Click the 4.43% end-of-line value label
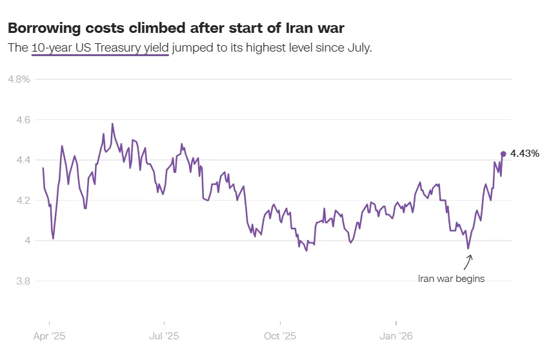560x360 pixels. [x=525, y=154]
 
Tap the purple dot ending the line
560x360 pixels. [x=503, y=154]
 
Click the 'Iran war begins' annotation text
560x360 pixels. [x=451, y=279]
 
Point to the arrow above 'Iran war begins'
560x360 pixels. [x=468, y=262]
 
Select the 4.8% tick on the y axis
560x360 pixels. [x=19, y=79]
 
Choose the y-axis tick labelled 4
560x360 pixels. [x=26, y=241]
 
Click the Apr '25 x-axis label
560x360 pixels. [x=50, y=336]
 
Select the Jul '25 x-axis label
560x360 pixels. [x=165, y=336]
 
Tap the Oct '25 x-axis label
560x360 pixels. [x=281, y=336]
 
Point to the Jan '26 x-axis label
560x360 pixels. [x=396, y=336]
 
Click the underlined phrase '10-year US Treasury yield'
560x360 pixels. [x=100, y=48]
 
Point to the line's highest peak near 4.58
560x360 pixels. [x=112, y=123]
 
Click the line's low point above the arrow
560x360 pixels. [x=468, y=248]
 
